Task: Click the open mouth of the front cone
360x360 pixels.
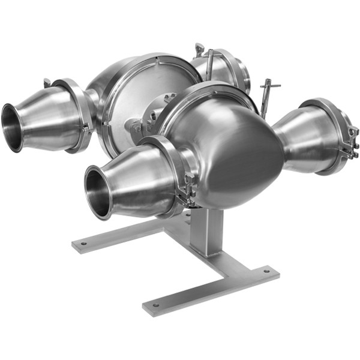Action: tap(97, 193)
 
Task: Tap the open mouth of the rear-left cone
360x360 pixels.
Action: tap(12, 127)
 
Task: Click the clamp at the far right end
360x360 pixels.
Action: tap(350, 144)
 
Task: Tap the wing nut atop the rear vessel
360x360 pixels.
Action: tap(199, 48)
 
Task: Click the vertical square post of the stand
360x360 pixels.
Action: tap(207, 231)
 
